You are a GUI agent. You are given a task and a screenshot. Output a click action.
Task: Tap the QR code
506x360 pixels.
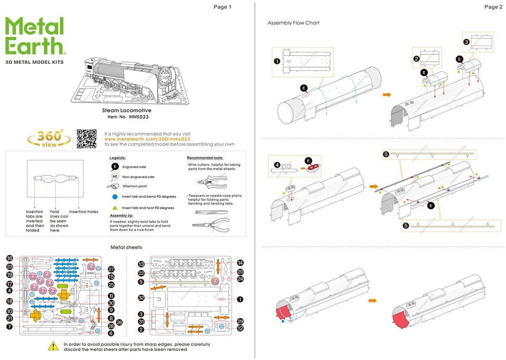pyautogui.click(x=86, y=139)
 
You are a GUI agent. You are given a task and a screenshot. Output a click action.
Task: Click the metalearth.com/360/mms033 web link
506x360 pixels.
pyautogui.click(x=147, y=139)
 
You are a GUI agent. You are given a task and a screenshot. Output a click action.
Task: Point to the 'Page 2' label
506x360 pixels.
pyautogui.click(x=493, y=7)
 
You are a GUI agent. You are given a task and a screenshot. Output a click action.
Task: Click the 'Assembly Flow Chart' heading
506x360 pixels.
pyautogui.click(x=294, y=23)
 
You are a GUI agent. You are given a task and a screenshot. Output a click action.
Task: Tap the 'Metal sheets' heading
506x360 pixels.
pyautogui.click(x=126, y=247)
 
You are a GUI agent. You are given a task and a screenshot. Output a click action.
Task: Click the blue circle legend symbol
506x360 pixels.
pyautogui.click(x=115, y=196)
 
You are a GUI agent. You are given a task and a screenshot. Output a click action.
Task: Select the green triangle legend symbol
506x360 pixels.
pyautogui.click(x=115, y=208)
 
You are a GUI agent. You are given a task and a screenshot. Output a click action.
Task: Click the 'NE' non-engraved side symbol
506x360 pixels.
pyautogui.click(x=115, y=177)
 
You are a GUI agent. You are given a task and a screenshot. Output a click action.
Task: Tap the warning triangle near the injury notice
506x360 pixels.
pyautogui.click(x=52, y=346)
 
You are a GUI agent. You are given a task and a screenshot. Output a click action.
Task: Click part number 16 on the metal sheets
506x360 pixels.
pyautogui.click(x=9, y=258)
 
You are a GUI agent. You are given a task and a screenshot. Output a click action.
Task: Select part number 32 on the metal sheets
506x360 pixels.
pyautogui.click(x=141, y=298)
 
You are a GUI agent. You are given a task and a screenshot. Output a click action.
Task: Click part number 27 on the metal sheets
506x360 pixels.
pyautogui.click(x=111, y=270)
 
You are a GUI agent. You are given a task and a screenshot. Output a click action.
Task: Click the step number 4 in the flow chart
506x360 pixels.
pyautogui.click(x=277, y=165)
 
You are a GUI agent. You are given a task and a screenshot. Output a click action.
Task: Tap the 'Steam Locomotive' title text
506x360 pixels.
pyautogui.click(x=127, y=110)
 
